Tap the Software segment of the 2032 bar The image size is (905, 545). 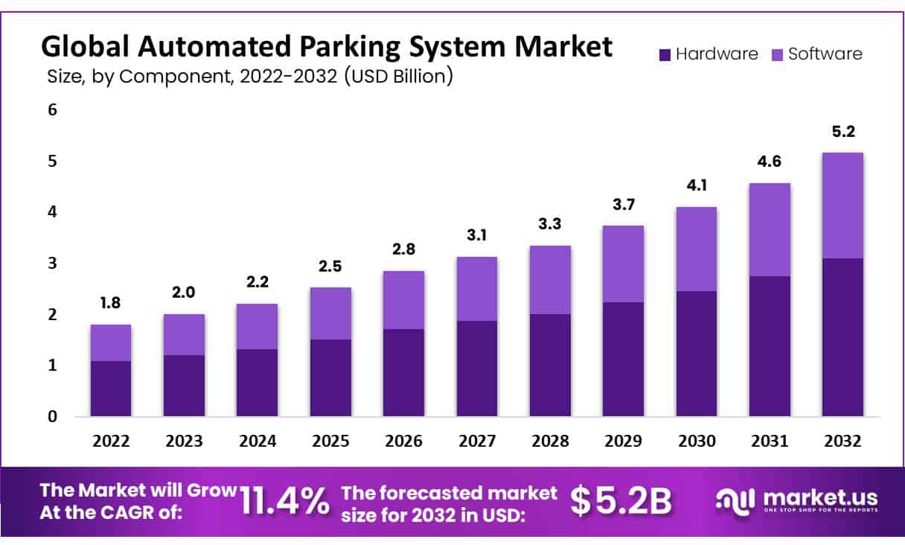point(842,205)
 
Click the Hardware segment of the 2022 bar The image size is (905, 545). point(111,388)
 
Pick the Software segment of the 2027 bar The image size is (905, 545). point(476,289)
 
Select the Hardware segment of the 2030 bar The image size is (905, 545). point(696,353)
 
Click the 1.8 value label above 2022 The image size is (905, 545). point(111,304)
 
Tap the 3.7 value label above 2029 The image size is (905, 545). point(623,205)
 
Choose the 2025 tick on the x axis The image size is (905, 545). point(330,441)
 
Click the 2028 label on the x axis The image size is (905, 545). point(550,441)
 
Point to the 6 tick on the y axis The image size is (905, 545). point(52,109)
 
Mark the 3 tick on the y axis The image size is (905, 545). point(52,263)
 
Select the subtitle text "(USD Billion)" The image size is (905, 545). point(398,76)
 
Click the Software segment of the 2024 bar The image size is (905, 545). point(257,327)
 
